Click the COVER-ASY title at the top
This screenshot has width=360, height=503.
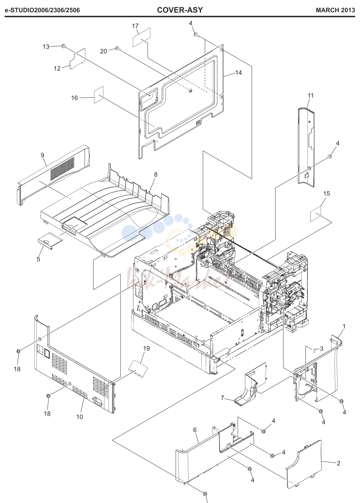coord(180,10)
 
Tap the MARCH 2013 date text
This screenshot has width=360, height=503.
coord(335,10)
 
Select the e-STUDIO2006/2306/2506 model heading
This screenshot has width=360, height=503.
coord(42,10)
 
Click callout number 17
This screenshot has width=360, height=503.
coord(135,26)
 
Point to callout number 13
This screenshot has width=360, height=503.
coord(46,47)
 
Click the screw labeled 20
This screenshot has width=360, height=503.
coord(117,48)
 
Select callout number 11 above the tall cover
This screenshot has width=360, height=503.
coord(310,96)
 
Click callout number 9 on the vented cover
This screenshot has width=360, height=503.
coord(42,155)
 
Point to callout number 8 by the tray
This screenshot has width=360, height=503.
coord(156,175)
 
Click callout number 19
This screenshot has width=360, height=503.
coord(146,348)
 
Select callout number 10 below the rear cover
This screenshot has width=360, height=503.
coord(80,417)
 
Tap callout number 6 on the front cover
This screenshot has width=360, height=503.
coord(195,430)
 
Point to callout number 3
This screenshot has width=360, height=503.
coord(321,349)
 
